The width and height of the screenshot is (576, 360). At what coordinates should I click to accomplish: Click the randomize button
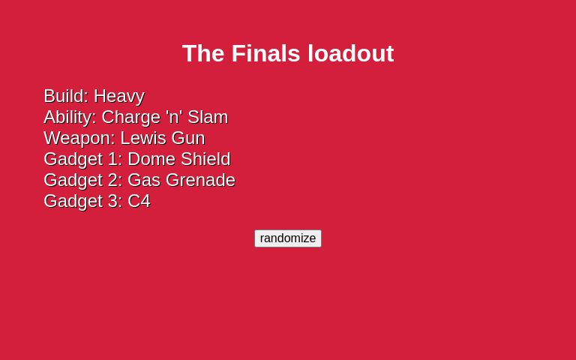pyautogui.click(x=288, y=238)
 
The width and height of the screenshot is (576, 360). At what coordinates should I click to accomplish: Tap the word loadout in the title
pyautogui.click(x=351, y=53)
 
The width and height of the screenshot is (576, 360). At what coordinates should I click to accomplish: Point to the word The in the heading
pyautogui.click(x=203, y=53)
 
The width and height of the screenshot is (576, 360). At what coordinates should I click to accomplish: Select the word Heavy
pyautogui.click(x=118, y=96)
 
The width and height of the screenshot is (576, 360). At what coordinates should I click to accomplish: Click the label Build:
pyautogui.click(x=66, y=96)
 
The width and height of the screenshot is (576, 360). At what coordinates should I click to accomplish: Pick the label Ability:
pyautogui.click(x=70, y=117)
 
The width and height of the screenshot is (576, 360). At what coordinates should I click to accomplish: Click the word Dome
pyautogui.click(x=151, y=159)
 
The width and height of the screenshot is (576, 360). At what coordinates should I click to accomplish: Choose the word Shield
pyautogui.click(x=205, y=159)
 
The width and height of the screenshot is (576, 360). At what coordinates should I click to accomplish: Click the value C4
pyautogui.click(x=139, y=201)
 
